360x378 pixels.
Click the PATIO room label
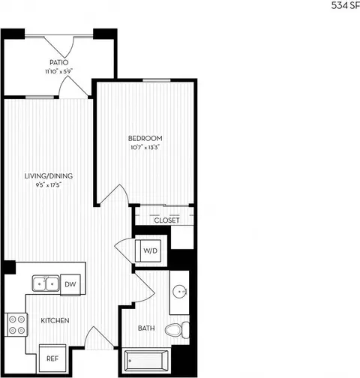pyautogui.click(x=58, y=62)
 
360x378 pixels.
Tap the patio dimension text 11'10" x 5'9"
pyautogui.click(x=58, y=71)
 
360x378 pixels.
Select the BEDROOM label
pyautogui.click(x=145, y=138)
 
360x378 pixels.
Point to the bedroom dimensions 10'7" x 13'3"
pyautogui.click(x=145, y=148)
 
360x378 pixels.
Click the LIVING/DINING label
pyautogui.click(x=49, y=176)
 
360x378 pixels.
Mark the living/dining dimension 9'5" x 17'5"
pyautogui.click(x=49, y=185)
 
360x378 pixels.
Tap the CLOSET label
pyautogui.click(x=166, y=220)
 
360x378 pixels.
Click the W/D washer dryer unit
pyautogui.click(x=148, y=250)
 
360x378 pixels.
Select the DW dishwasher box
pyautogui.click(x=70, y=284)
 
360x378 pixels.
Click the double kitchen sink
pyautogui.click(x=46, y=283)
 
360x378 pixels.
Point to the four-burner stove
pyautogui.click(x=16, y=325)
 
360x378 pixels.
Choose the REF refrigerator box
pyautogui.click(x=52, y=358)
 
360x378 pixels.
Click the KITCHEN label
pyautogui.click(x=55, y=320)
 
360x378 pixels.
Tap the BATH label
pyautogui.click(x=146, y=328)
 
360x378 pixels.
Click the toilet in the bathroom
pyautogui.click(x=177, y=330)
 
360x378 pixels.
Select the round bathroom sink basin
pyautogui.click(x=180, y=292)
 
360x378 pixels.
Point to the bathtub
pyautogui.click(x=146, y=361)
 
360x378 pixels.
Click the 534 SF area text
pyautogui.click(x=346, y=6)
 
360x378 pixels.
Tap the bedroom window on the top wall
pyautogui.click(x=157, y=80)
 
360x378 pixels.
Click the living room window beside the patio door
pyautogui.click(x=40, y=97)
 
